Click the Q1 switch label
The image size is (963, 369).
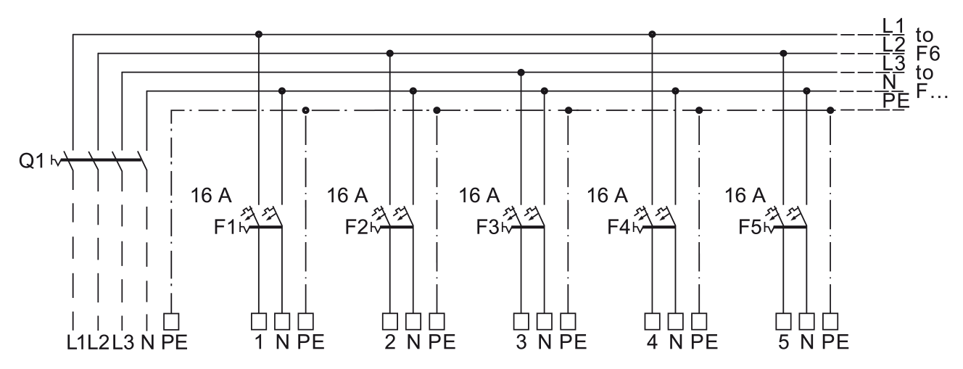(x=31, y=161)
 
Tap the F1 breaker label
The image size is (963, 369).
(x=225, y=227)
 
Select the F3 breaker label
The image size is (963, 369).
(x=487, y=227)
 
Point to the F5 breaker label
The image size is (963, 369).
(x=750, y=227)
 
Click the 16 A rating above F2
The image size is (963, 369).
(x=347, y=196)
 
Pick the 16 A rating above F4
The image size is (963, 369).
(x=608, y=196)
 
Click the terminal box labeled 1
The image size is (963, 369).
(x=259, y=321)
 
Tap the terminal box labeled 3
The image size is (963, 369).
(x=521, y=321)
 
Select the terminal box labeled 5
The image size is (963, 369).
(x=783, y=321)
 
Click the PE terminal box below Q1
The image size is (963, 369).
(x=172, y=321)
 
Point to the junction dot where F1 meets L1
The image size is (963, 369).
(x=259, y=34)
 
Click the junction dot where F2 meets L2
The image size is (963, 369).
(x=390, y=53)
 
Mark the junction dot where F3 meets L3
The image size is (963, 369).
(x=521, y=72)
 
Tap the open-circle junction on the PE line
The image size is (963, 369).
(x=306, y=110)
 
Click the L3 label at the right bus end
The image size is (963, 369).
(x=894, y=64)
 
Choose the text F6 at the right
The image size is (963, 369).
(x=928, y=54)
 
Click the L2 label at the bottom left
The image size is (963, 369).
(x=99, y=342)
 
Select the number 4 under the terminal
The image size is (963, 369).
(x=652, y=342)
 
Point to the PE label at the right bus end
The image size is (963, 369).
(x=896, y=101)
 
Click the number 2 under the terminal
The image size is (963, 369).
(x=390, y=342)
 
